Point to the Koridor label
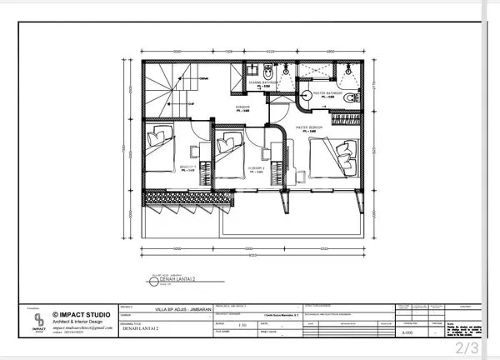click(x=242, y=108)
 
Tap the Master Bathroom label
click(x=321, y=92)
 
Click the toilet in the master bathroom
click(x=347, y=97)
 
